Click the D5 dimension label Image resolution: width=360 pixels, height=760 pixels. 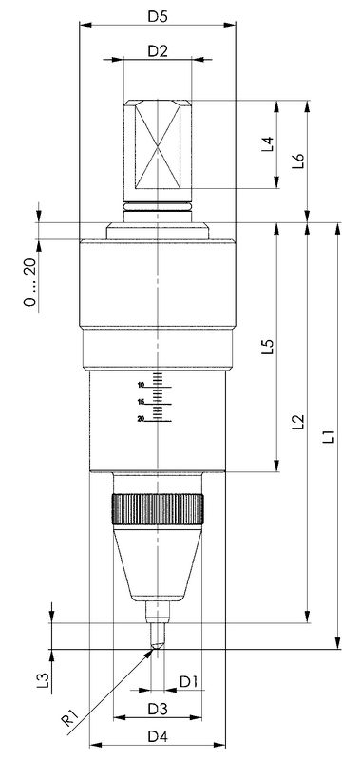[x=158, y=17]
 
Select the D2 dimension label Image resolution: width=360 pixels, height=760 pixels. [x=158, y=51]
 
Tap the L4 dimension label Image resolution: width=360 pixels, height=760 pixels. [x=268, y=144]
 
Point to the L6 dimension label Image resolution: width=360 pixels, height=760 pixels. [x=298, y=161]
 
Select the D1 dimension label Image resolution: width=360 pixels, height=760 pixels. [x=188, y=682]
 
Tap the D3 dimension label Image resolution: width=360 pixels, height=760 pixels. [x=158, y=710]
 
